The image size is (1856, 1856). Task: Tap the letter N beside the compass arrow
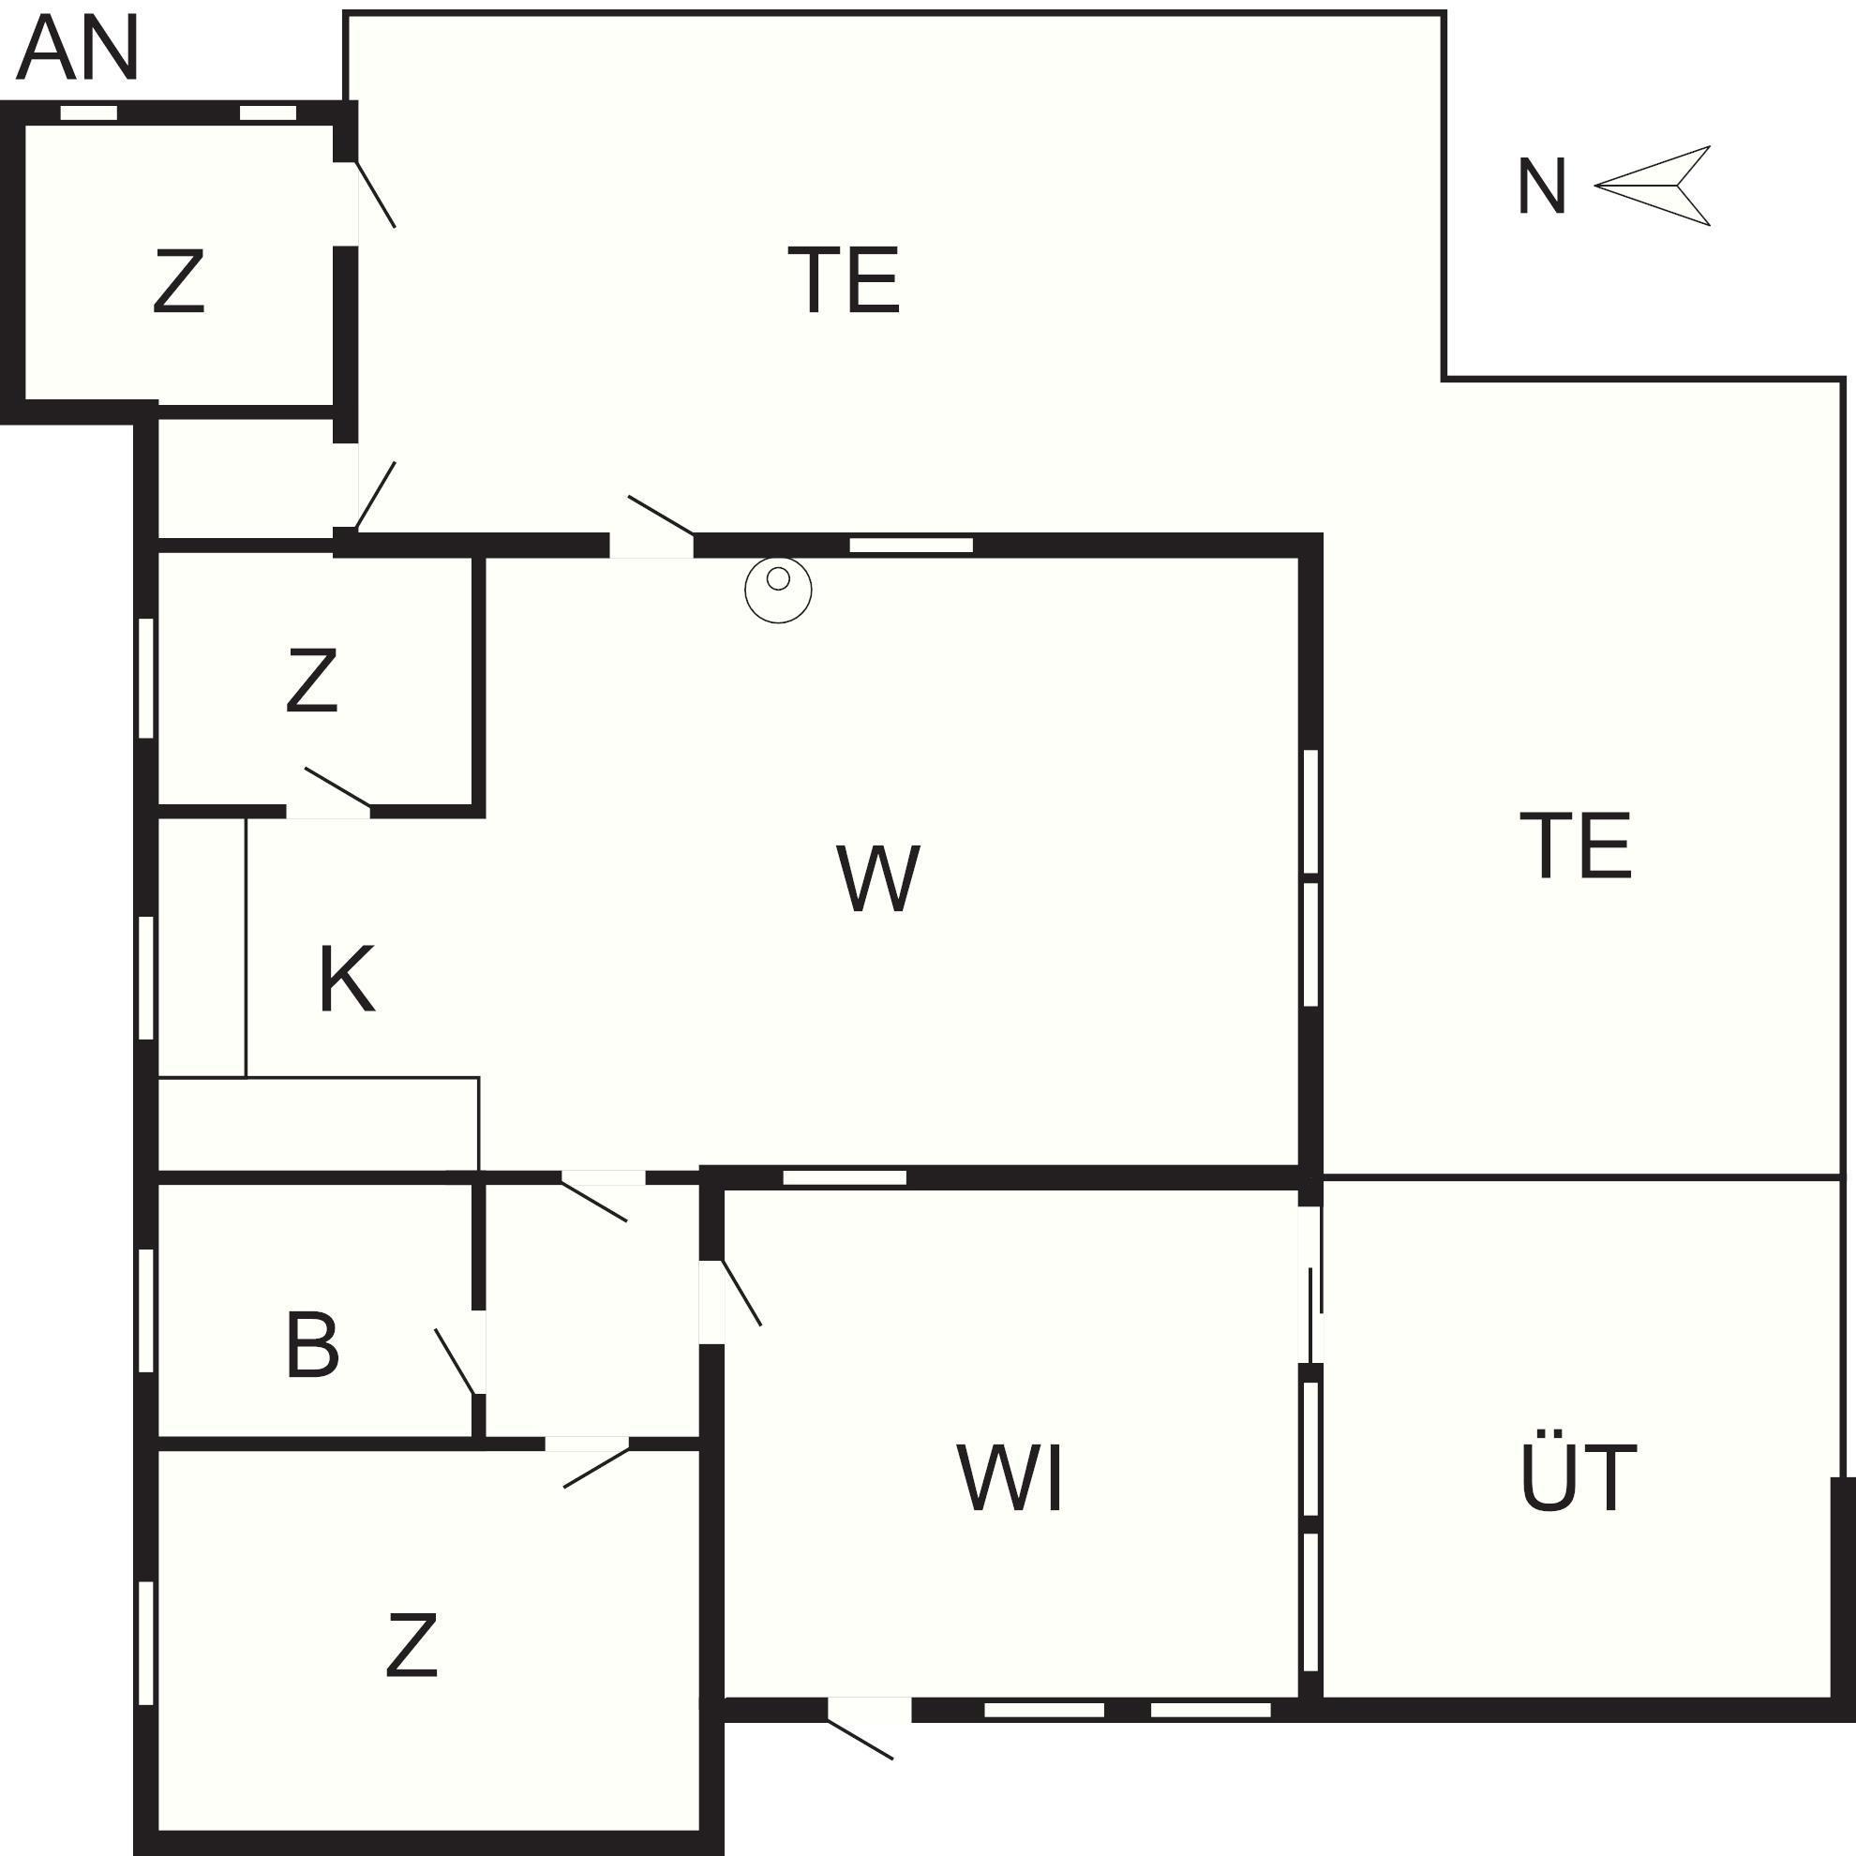click(1541, 187)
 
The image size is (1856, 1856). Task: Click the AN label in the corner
click(77, 48)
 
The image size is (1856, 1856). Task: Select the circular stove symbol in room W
click(778, 589)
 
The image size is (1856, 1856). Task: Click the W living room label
click(878, 878)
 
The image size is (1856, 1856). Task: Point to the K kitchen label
click(346, 979)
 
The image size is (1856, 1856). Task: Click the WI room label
click(1010, 1477)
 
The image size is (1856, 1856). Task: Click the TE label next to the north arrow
click(844, 279)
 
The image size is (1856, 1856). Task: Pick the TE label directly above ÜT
click(1576, 846)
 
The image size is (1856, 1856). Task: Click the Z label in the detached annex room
click(179, 281)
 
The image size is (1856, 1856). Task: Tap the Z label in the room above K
click(312, 681)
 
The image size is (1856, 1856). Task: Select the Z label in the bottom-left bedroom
click(412, 1646)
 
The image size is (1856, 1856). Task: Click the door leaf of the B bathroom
click(456, 1360)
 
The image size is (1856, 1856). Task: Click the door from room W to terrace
click(661, 516)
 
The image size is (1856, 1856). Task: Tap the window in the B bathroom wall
click(146, 1310)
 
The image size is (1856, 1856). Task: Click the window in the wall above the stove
click(911, 546)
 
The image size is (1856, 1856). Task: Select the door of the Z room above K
click(337, 787)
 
